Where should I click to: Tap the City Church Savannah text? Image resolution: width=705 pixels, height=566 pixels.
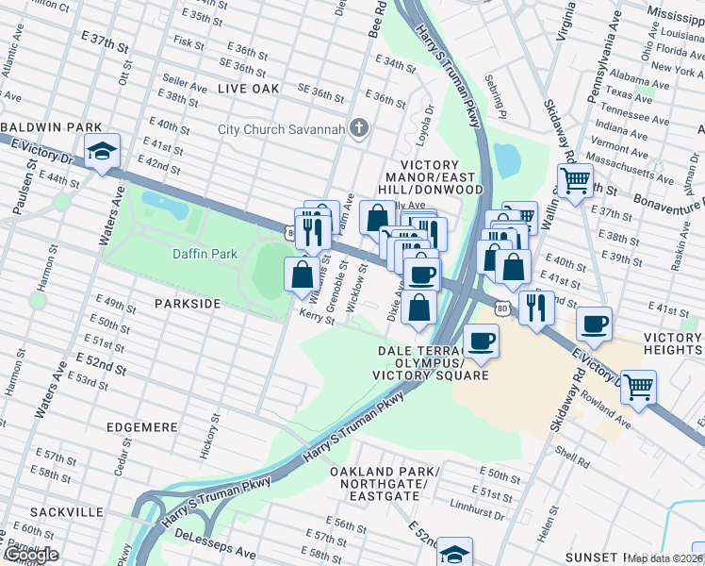click(x=281, y=129)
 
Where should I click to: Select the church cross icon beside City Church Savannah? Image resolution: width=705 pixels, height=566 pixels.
click(x=358, y=128)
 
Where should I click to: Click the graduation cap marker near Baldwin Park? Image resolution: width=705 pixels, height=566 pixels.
click(x=101, y=151)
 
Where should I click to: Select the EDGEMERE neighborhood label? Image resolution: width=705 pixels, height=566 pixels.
click(x=147, y=427)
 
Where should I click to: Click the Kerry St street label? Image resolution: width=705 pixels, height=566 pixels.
click(x=318, y=318)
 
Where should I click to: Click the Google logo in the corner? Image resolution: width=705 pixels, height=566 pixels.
click(x=31, y=555)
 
